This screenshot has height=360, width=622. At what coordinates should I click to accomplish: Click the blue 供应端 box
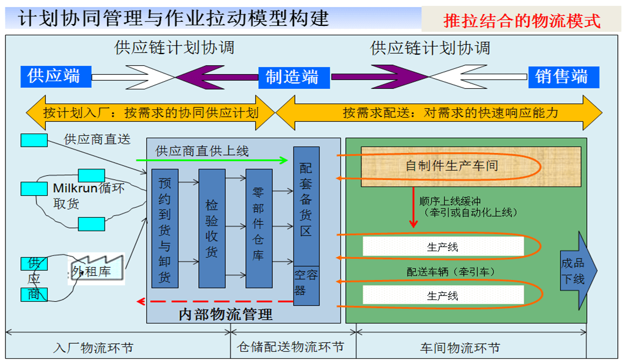pyautogui.click(x=53, y=76)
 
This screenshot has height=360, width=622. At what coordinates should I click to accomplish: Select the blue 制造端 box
pyautogui.click(x=292, y=76)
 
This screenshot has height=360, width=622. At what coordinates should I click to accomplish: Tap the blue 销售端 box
pyautogui.click(x=561, y=76)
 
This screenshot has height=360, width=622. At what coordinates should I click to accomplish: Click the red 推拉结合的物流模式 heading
pyautogui.click(x=522, y=22)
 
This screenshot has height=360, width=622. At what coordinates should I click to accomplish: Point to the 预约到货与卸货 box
pyautogui.click(x=165, y=228)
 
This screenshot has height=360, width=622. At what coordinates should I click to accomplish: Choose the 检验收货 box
pyautogui.click(x=212, y=228)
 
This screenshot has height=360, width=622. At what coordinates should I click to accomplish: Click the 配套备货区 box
pyautogui.click(x=306, y=206)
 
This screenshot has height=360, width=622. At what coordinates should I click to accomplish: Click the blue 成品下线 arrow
pyautogui.click(x=578, y=271)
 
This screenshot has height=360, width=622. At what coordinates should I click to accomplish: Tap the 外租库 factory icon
pyautogui.click(x=97, y=270)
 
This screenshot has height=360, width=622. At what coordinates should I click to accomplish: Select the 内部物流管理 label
pyautogui.click(x=226, y=315)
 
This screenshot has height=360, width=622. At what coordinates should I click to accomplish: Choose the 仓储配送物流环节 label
pyautogui.click(x=290, y=348)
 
